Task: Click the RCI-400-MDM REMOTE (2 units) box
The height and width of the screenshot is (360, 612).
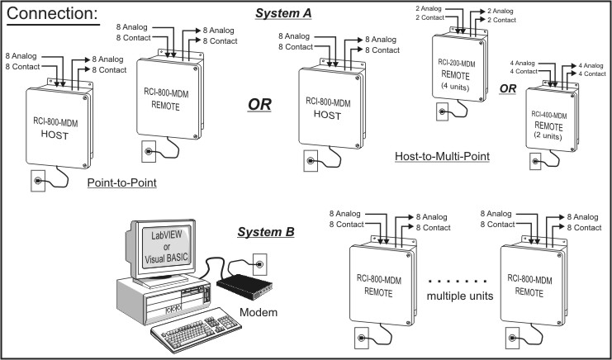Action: (x=553, y=122)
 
